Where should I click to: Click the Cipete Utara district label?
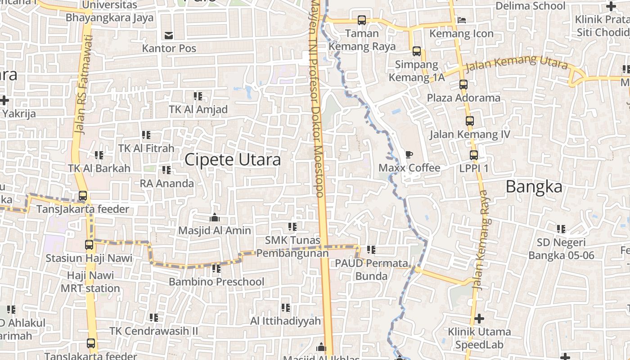tap(233, 160)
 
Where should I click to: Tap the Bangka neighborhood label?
tap(534, 186)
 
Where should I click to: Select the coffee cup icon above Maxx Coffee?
tap(409, 155)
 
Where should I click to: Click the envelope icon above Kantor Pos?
tap(169, 35)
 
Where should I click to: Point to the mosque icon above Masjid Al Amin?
tap(215, 218)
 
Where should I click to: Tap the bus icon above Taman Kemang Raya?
tap(361, 20)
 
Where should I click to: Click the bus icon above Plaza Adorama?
tap(463, 85)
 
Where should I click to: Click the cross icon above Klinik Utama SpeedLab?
tap(479, 319)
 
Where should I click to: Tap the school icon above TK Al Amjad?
tap(198, 96)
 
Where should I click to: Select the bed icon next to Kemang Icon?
tap(461, 20)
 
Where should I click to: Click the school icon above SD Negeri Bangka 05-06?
tap(561, 229)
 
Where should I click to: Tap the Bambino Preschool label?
tap(216, 282)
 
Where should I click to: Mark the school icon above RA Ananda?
tap(166, 170)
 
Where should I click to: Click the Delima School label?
tap(530, 6)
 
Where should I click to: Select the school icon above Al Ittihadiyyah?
tap(286, 308)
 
